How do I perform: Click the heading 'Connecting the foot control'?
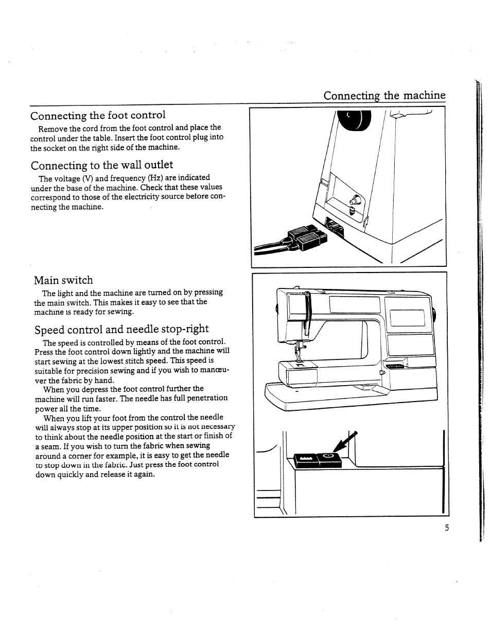point(98,115)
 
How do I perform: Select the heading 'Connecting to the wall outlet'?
point(102,165)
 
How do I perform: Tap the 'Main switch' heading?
point(63,280)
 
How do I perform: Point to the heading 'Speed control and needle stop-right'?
point(121,329)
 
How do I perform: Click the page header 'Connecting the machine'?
point(384,96)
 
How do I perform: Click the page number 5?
point(447,528)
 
